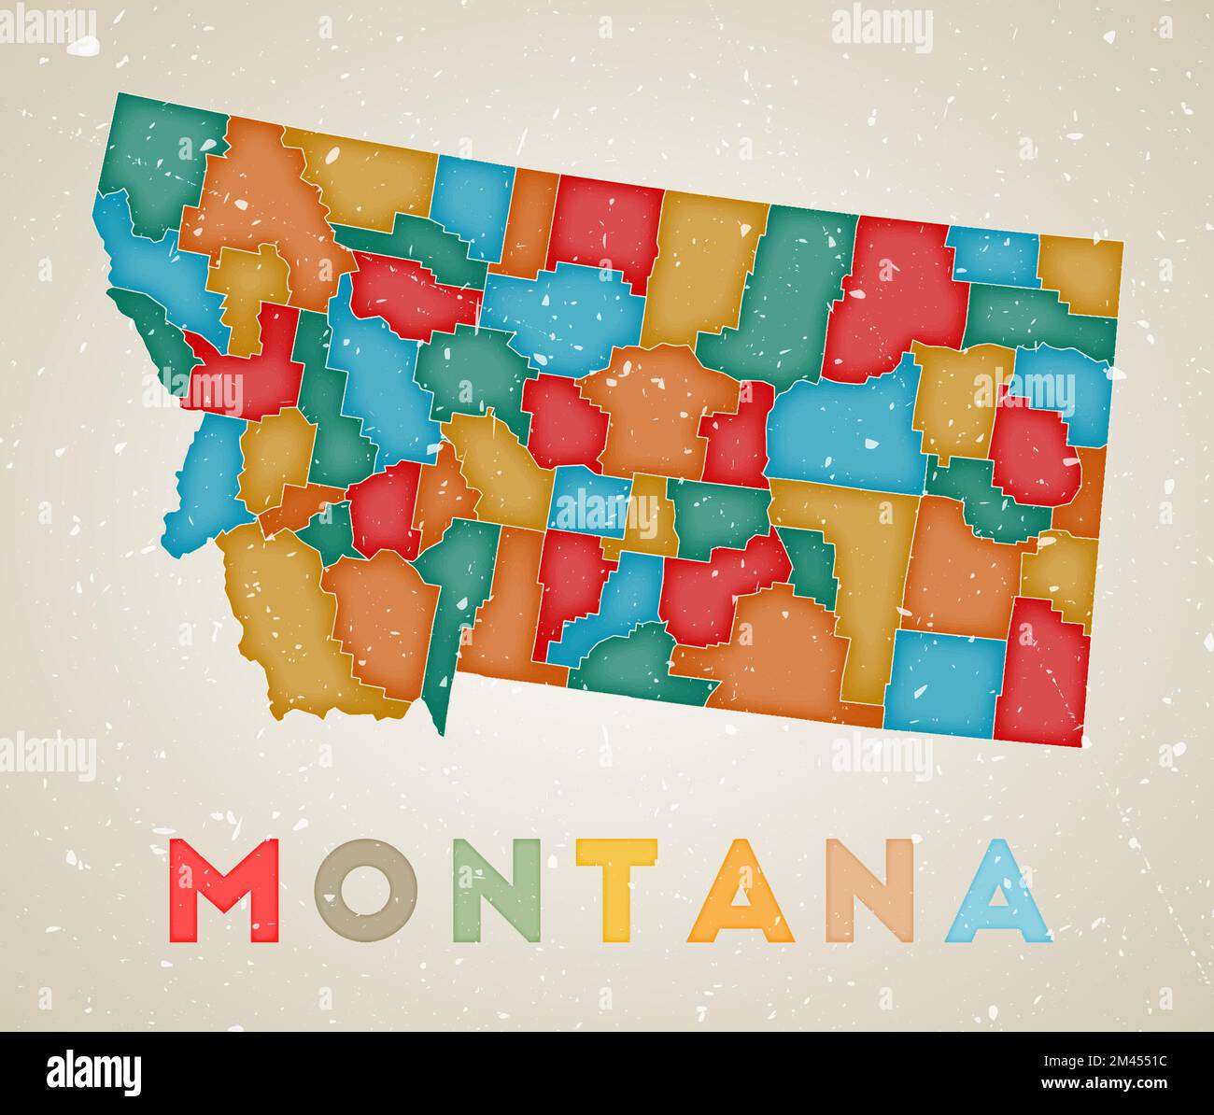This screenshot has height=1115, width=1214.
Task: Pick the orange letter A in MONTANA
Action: click(741, 892)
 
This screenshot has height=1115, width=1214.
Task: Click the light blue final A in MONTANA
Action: click(998, 892)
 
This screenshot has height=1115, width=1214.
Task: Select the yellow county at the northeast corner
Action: click(1081, 274)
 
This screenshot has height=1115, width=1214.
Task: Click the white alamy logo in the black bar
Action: click(93, 1073)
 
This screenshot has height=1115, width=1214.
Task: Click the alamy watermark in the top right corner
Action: click(882, 27)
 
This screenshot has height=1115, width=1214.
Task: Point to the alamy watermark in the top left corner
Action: click(47, 27)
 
